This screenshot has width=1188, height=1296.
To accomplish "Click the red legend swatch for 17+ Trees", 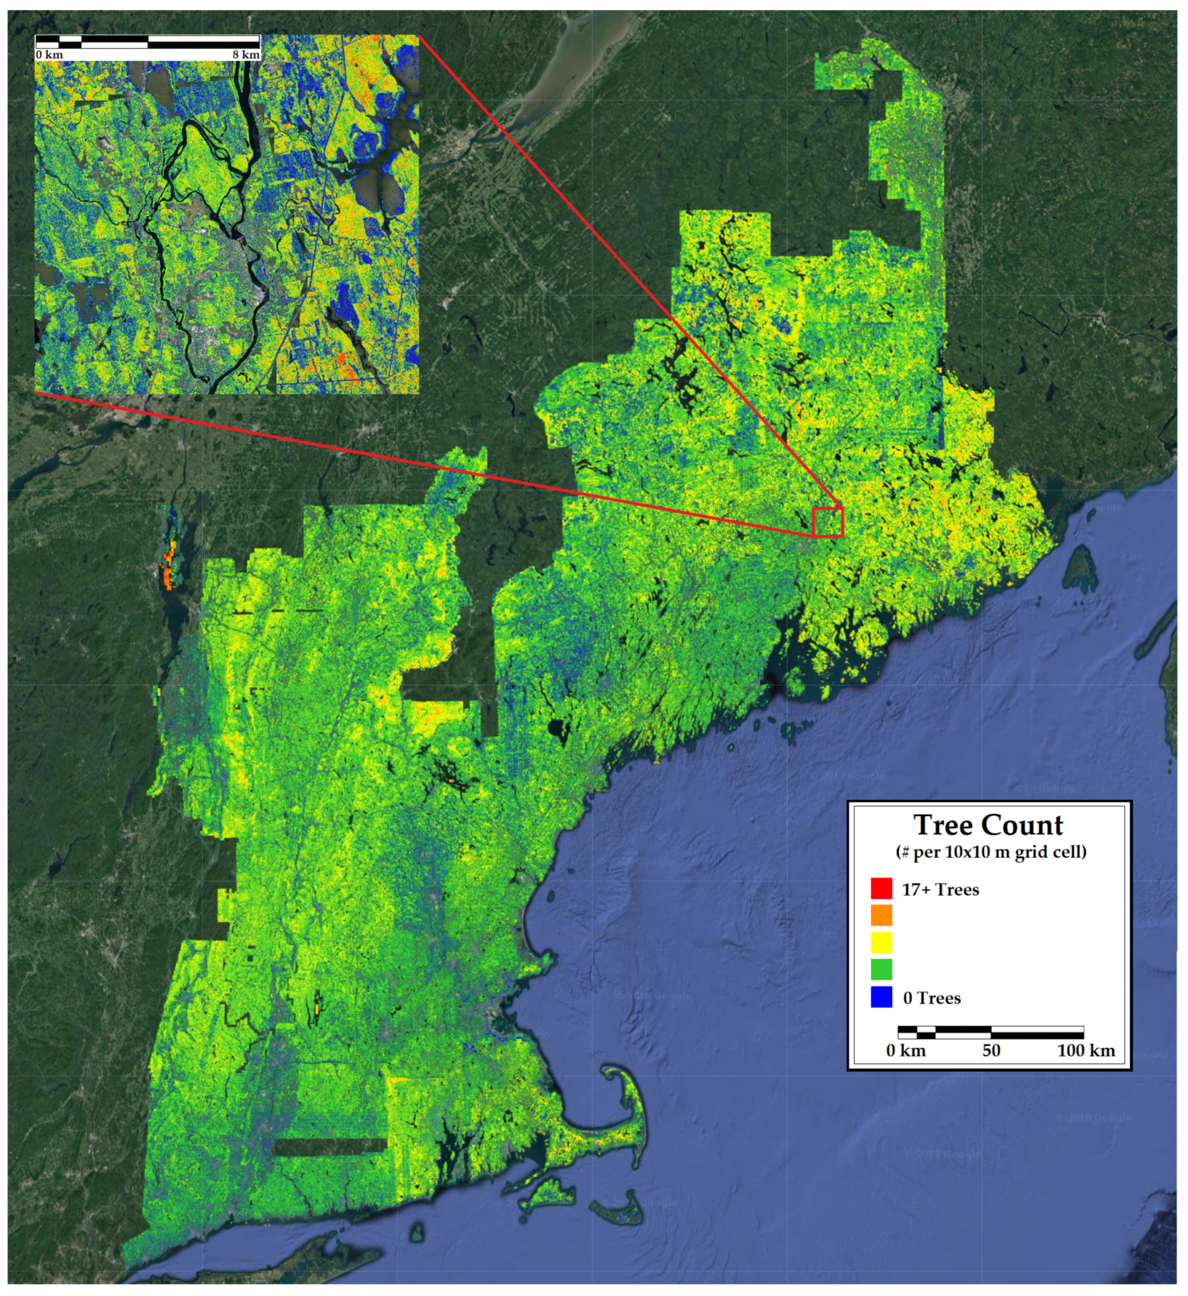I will click(881, 889).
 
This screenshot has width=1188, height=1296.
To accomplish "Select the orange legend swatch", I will click(881, 916).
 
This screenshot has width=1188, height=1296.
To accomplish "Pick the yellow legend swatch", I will click(881, 943).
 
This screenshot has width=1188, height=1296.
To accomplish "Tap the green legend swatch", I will click(881, 969).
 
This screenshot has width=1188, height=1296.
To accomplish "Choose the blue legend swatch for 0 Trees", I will click(881, 997).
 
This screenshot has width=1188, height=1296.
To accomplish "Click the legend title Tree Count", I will click(988, 826).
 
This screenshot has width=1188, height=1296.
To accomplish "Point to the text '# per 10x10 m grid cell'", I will click(991, 853).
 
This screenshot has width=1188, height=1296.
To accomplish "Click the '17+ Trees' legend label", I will click(940, 890).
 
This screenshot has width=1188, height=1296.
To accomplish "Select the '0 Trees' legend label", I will click(932, 998).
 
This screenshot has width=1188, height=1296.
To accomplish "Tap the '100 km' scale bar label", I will click(1086, 1051).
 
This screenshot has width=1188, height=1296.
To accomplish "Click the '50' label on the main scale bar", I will click(991, 1051).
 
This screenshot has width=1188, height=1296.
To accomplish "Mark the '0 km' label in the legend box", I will click(906, 1051).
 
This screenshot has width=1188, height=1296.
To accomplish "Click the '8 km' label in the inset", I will click(246, 55).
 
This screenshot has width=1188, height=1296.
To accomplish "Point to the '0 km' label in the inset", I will click(50, 55).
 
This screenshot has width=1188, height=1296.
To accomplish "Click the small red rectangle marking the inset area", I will click(827, 522).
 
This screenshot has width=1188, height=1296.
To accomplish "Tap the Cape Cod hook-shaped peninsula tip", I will click(611, 1071).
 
